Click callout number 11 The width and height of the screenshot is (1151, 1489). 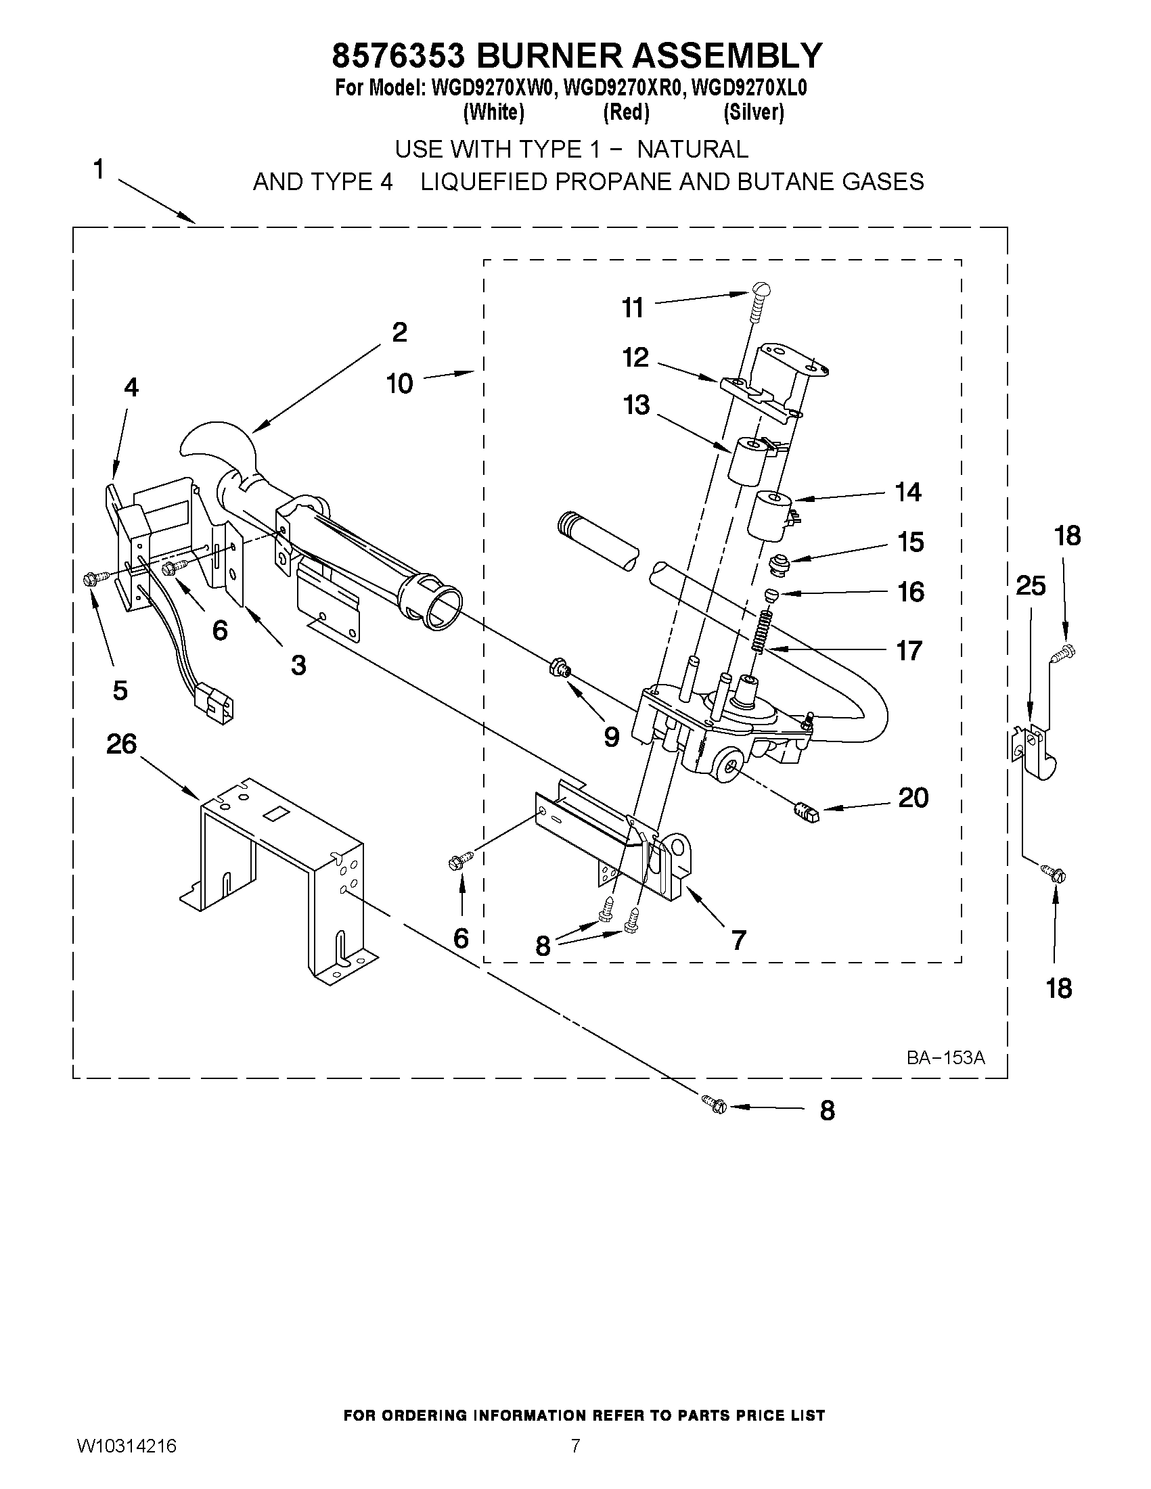coord(633,308)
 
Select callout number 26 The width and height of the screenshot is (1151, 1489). coord(121,743)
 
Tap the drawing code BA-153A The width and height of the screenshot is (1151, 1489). coord(945,1057)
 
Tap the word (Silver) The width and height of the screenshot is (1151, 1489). coord(754,112)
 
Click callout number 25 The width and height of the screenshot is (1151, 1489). coord(1031,586)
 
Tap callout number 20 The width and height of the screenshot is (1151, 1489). coord(913,798)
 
